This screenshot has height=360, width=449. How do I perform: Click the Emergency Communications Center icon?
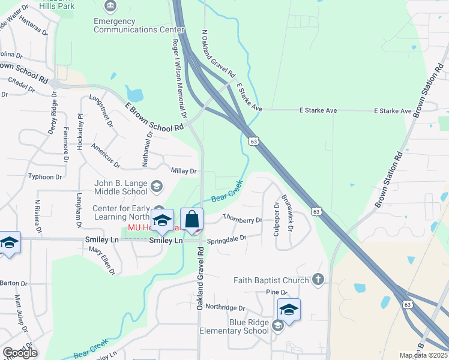click(x=110, y=7)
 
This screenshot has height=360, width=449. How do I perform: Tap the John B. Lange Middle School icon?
click(x=156, y=186)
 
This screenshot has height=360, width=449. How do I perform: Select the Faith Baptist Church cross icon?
click(x=318, y=279)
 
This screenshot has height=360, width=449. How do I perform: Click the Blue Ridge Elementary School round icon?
click(x=277, y=325)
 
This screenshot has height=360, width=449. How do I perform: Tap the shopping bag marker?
click(x=192, y=220)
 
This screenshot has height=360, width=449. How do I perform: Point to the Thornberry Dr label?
click(x=243, y=220)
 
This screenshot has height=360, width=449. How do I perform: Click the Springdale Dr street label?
click(x=227, y=239)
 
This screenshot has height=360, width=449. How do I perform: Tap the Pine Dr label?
click(x=276, y=292)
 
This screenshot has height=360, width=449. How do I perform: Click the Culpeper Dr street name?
click(x=277, y=218)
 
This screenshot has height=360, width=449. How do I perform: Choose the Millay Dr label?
click(x=184, y=171)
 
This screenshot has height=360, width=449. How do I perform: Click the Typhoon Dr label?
click(x=46, y=177)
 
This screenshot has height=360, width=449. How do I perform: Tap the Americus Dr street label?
click(x=106, y=155)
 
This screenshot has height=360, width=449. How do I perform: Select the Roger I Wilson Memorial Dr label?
click(x=179, y=79)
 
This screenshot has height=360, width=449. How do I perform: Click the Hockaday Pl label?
click(x=80, y=127)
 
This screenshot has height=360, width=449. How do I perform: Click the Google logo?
click(x=20, y=353)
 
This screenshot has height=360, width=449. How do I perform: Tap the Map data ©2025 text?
click(x=423, y=355)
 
